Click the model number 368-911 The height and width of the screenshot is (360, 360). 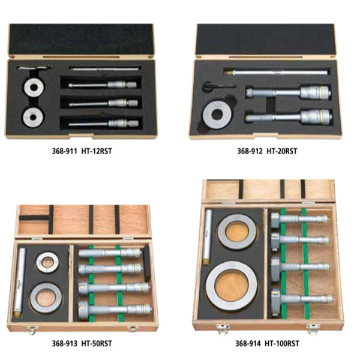coord(64,151)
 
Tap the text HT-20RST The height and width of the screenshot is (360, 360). coord(282,151)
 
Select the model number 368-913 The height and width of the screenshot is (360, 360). coord(65,344)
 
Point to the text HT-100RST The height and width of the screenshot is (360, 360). coord(282,344)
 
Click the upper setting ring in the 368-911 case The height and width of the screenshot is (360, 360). coord(34,87)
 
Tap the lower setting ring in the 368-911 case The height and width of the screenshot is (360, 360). coord(33,117)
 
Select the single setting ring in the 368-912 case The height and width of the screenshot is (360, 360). coord(217,115)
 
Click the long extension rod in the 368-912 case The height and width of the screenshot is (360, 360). coord(275,72)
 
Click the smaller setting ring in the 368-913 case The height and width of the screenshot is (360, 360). coord(47,262)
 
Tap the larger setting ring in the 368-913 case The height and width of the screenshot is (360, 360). coord(46,298)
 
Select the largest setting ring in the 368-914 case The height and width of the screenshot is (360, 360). coord(232,286)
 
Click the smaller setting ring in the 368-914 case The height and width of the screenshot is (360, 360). coord(237,232)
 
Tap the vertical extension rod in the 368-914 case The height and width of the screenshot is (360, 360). coord(208,237)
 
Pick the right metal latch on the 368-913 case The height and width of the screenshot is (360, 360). coord(133,329)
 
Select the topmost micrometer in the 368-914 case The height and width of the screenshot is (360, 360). coord(299,219)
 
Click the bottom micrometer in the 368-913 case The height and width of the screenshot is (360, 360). coord(115,310)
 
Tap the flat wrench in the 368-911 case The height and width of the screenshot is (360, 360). coord(35,67)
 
